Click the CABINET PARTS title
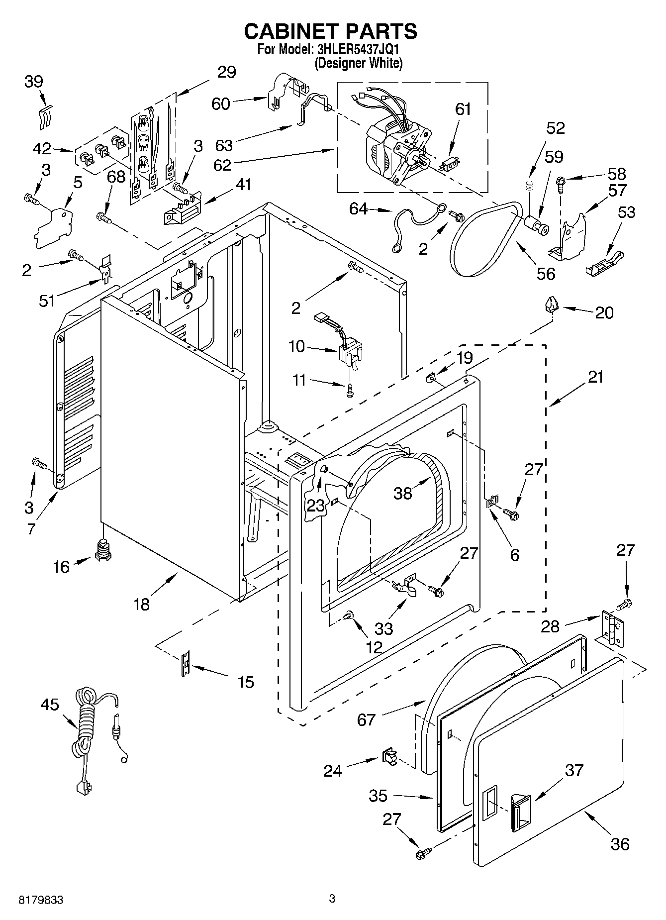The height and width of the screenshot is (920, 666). click(x=330, y=31)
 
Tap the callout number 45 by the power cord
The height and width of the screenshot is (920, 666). click(x=50, y=705)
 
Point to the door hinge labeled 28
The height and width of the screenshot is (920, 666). click(x=612, y=629)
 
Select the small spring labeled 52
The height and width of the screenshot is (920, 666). click(x=530, y=187)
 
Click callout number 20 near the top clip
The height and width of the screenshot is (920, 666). click(x=604, y=312)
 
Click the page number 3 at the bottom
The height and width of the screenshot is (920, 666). click(x=332, y=898)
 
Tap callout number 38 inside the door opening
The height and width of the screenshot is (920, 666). click(x=402, y=493)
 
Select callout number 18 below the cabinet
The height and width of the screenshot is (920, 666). click(x=142, y=604)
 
